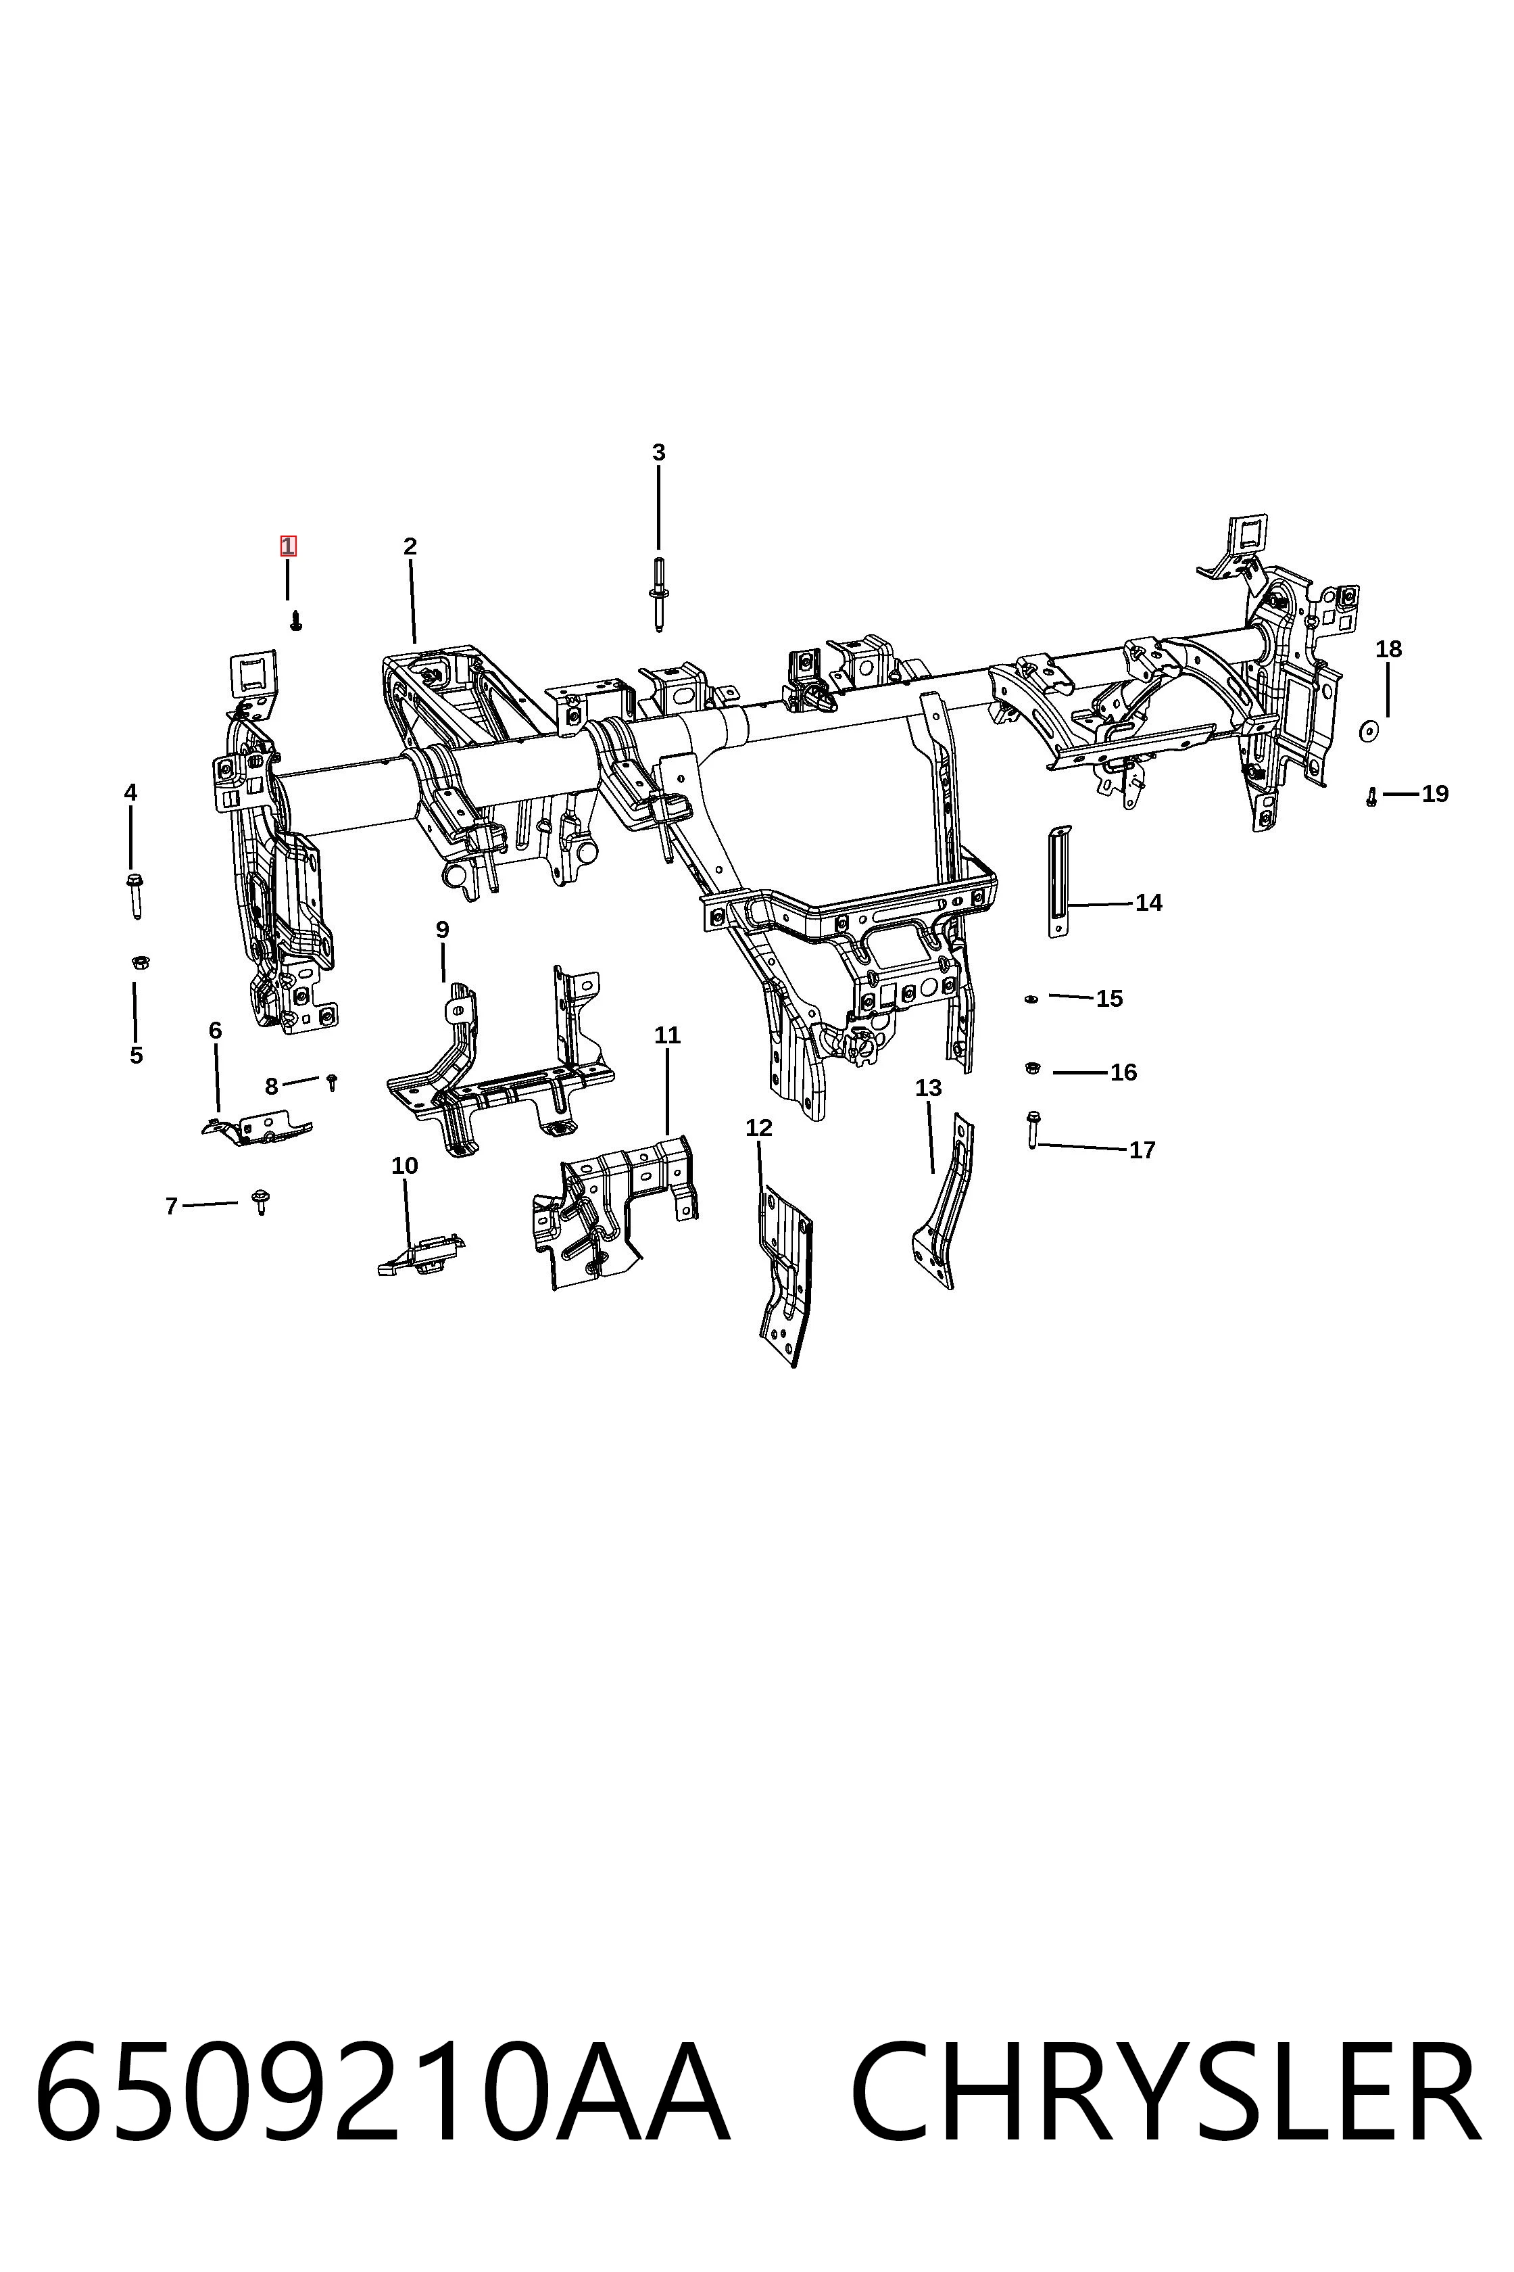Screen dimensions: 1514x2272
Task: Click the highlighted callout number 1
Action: coord(288,546)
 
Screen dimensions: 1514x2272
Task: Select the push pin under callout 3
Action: coord(658,595)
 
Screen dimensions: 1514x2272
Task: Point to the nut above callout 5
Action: coord(140,962)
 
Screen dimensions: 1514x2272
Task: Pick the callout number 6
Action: coord(216,1030)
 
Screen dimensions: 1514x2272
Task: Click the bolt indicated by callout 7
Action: coord(260,1202)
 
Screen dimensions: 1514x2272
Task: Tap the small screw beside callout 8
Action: coord(331,1081)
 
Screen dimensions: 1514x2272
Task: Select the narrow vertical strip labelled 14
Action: coord(1059,881)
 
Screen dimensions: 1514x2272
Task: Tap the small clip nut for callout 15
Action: coord(1030,999)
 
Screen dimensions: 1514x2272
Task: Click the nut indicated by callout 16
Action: coord(1030,1068)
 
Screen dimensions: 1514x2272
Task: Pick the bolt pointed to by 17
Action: coord(1032,1129)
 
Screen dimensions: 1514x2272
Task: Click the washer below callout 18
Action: coord(1367,731)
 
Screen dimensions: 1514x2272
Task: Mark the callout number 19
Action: coord(1435,794)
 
